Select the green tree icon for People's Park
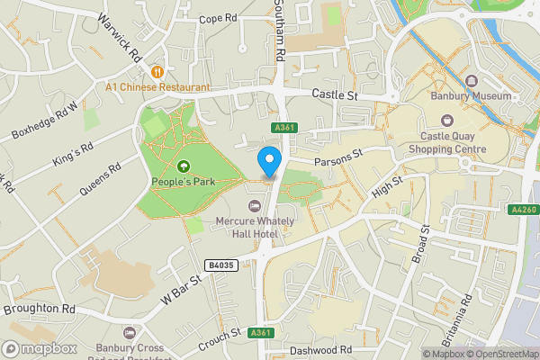click(184, 166)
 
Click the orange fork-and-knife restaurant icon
click(157, 71)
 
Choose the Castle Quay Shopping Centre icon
click(447, 121)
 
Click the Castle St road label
click(335, 94)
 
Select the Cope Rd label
click(217, 18)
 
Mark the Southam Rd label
click(279, 36)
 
